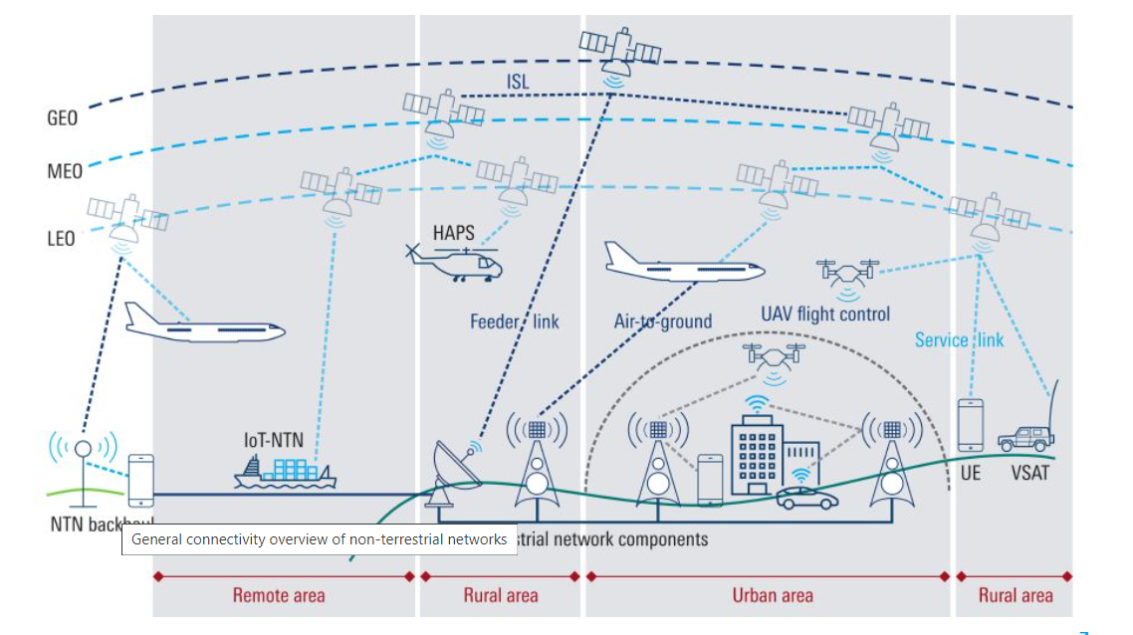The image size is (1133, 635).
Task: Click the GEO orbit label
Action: click(62, 118)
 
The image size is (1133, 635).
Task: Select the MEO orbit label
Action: click(64, 171)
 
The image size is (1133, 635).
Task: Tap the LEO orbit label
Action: click(61, 239)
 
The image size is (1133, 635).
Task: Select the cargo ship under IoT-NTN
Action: click(285, 472)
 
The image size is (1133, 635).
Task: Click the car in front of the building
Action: click(806, 497)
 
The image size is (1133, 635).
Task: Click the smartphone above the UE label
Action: click(971, 425)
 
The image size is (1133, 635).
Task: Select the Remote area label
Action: click(279, 595)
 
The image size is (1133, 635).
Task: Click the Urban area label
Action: click(773, 595)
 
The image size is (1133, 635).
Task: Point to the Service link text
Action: click(959, 340)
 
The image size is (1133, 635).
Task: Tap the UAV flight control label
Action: click(825, 315)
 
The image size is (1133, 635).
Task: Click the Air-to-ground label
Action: click(662, 320)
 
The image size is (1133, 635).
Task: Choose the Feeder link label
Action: click(514, 320)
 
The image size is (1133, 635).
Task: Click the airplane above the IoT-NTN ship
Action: click(204, 325)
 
